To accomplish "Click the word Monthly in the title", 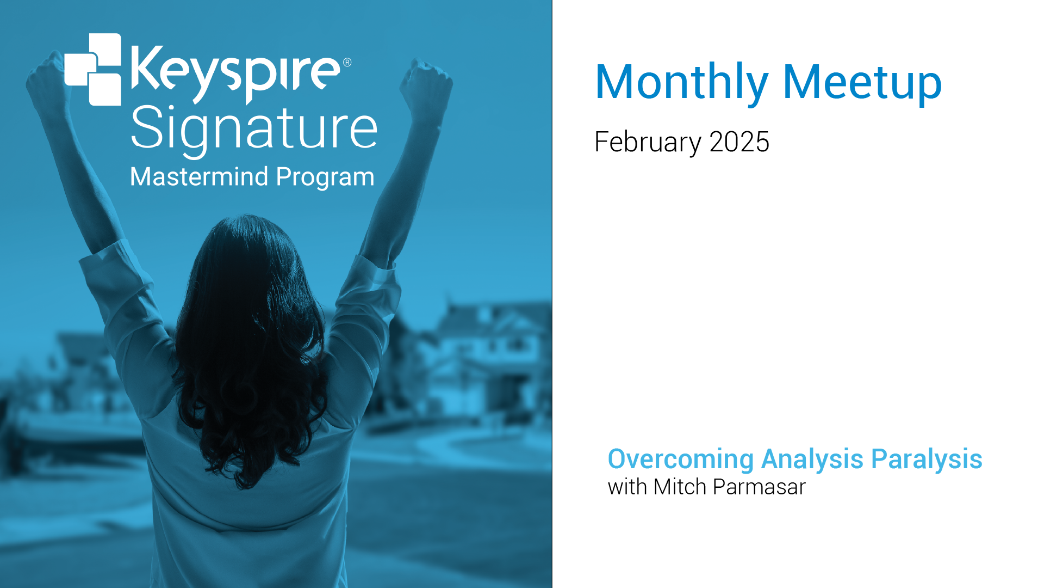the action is (682, 83).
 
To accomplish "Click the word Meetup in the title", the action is (862, 82).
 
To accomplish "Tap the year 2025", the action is (739, 142).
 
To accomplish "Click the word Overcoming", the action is (681, 460).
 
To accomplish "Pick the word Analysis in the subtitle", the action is (812, 460).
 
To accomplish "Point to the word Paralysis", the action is (927, 460).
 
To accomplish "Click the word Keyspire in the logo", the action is (235, 74).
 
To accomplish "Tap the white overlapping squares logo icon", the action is (93, 69).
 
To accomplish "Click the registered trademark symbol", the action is (347, 62).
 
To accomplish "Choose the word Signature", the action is (254, 130).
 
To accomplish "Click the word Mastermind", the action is (200, 177).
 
